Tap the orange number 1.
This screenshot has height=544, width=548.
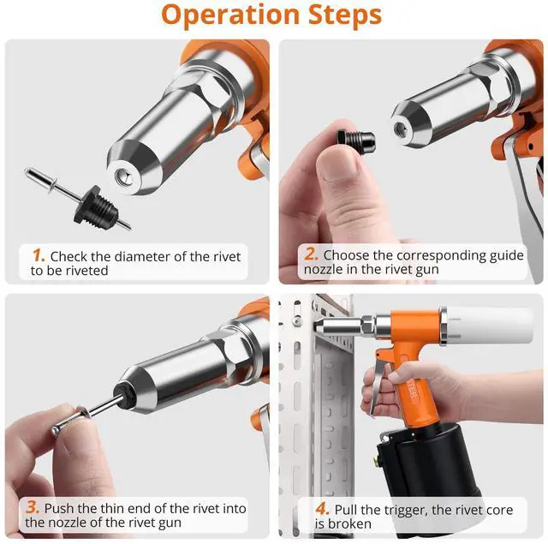38,255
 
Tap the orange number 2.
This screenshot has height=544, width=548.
312,254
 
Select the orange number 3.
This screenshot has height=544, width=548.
33,507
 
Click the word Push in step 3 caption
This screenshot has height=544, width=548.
61,508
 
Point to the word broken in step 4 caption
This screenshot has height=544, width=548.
349,523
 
